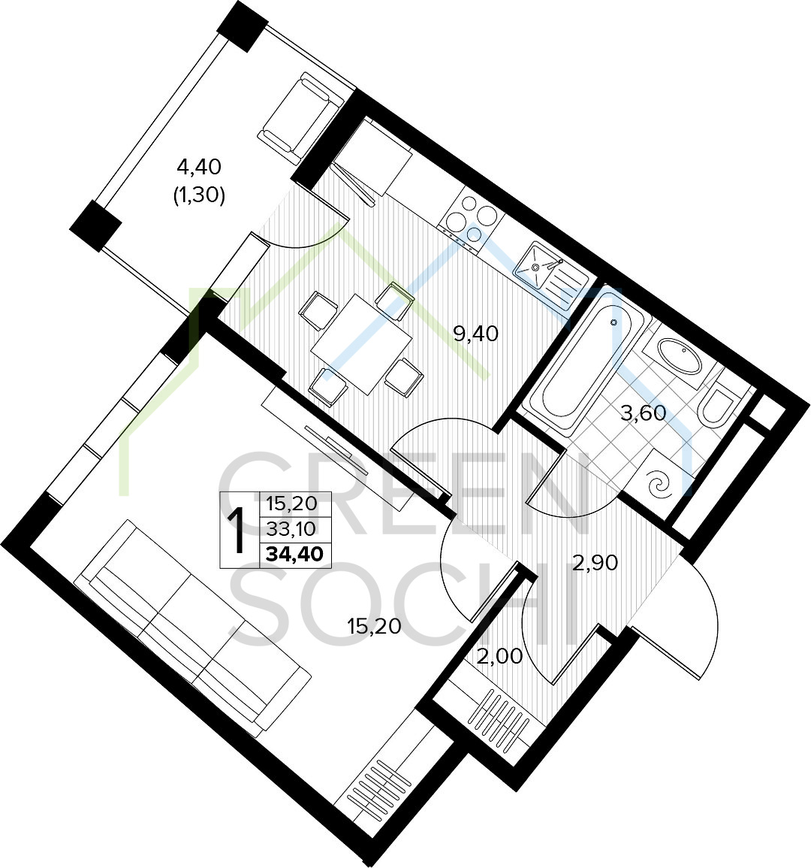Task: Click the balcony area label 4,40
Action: pyautogui.click(x=198, y=165)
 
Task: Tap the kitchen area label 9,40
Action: pyautogui.click(x=476, y=333)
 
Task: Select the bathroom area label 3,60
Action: pyautogui.click(x=643, y=413)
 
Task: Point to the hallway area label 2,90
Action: pyautogui.click(x=595, y=563)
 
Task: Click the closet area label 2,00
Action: pyautogui.click(x=499, y=657)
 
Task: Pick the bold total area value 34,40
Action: pyautogui.click(x=295, y=554)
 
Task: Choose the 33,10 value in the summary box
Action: pyautogui.click(x=291, y=529)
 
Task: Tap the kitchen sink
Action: pyautogui.click(x=551, y=275)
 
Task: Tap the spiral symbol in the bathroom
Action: pyautogui.click(x=662, y=486)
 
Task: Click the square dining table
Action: pyautogui.click(x=361, y=343)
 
